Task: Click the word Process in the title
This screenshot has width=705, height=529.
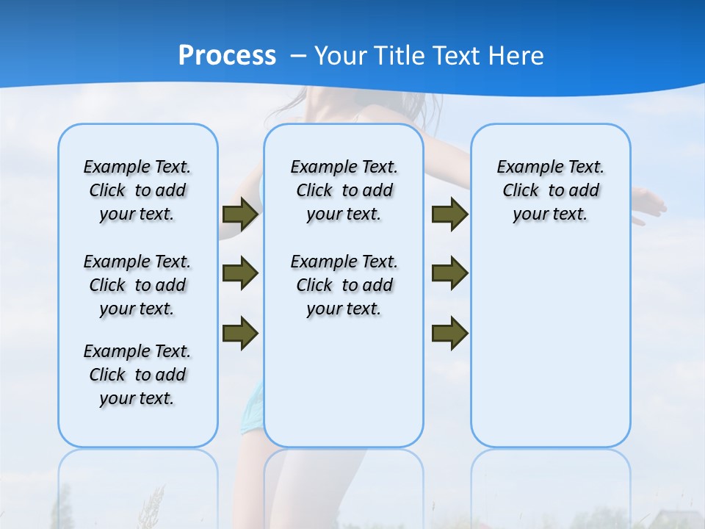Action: (227, 56)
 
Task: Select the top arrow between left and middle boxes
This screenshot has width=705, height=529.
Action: (240, 214)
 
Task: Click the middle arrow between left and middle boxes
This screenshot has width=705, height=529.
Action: (240, 273)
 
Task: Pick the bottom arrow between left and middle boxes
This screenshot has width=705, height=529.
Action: (240, 333)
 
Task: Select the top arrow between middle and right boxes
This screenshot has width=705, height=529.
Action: (450, 214)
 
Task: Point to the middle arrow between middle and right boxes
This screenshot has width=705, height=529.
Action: (450, 273)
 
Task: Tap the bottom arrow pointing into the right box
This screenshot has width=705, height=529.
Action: (450, 333)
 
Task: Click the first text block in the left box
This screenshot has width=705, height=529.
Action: (137, 190)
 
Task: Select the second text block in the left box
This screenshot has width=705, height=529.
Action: (137, 285)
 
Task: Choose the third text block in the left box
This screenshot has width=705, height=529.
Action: (137, 375)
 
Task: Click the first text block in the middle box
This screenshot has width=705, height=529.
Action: (344, 190)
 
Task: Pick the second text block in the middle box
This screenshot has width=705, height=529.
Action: (344, 285)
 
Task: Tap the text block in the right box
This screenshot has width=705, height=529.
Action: (551, 190)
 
